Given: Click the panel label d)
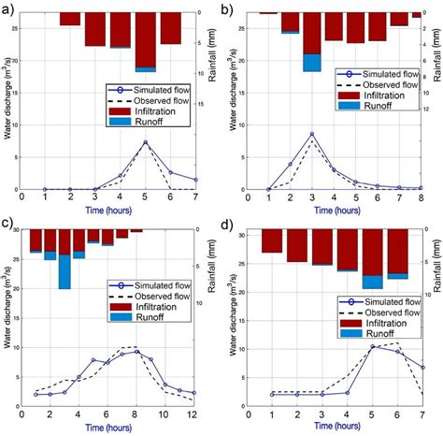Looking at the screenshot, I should (231, 225).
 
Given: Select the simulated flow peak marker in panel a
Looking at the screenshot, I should (145, 142).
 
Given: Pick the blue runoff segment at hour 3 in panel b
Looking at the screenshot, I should (311, 63).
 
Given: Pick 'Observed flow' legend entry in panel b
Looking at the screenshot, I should (371, 84).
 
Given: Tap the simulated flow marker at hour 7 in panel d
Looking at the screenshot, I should (422, 368).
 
